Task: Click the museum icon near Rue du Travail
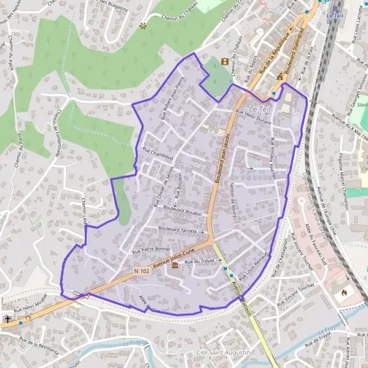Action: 176,265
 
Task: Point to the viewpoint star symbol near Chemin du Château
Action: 143,26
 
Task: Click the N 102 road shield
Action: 140,270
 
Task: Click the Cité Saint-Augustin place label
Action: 223,353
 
